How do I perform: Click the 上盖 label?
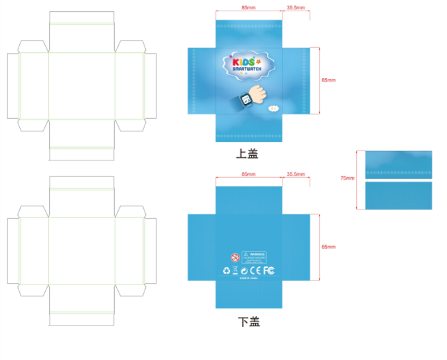point(247,154)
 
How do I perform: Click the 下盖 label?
point(249,322)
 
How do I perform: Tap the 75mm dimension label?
point(347,178)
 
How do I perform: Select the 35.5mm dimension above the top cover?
point(296,8)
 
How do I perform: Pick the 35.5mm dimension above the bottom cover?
point(296,174)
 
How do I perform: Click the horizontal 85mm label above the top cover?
point(248,8)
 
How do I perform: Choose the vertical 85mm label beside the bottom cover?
point(328,247)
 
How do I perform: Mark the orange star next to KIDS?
point(258,61)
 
